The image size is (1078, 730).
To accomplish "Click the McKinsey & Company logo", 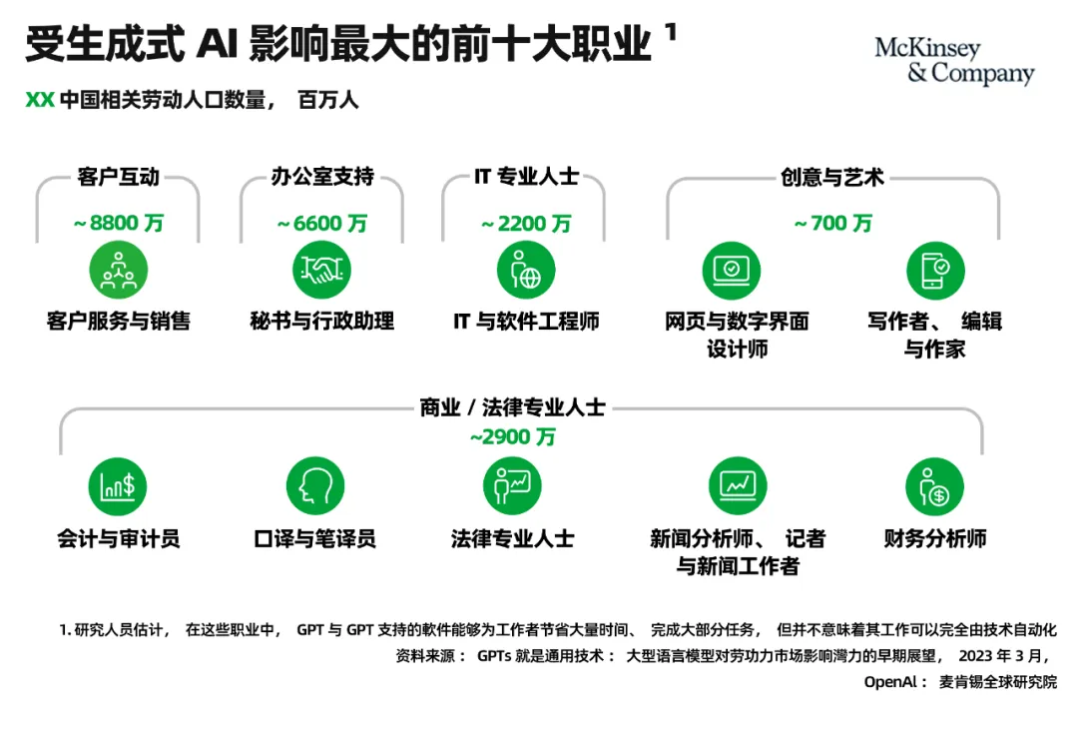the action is click(x=954, y=61).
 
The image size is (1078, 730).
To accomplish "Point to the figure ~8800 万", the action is click(x=118, y=224).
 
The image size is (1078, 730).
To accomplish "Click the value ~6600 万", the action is click(x=321, y=224).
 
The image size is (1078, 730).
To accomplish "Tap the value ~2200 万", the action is click(x=526, y=224).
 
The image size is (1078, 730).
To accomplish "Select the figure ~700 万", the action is click(x=832, y=224).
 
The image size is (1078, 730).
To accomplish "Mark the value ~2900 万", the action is click(x=512, y=436).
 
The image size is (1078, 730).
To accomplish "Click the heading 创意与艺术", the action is click(x=832, y=178).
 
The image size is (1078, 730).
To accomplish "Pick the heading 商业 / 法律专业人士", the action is click(x=512, y=407).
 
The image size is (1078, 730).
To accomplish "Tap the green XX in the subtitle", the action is click(x=39, y=101).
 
